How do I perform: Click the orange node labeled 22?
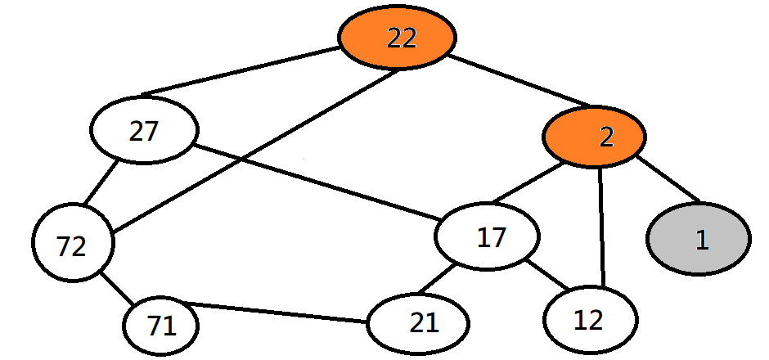[x=398, y=38]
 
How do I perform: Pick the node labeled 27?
[x=144, y=131]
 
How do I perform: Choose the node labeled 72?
[x=72, y=245]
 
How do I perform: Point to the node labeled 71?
[x=161, y=326]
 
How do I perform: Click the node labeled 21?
[x=418, y=323]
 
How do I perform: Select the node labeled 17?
[x=488, y=237]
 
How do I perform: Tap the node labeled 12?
[x=590, y=319]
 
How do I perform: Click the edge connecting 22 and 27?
[x=242, y=70]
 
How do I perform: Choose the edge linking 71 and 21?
[x=278, y=313]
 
